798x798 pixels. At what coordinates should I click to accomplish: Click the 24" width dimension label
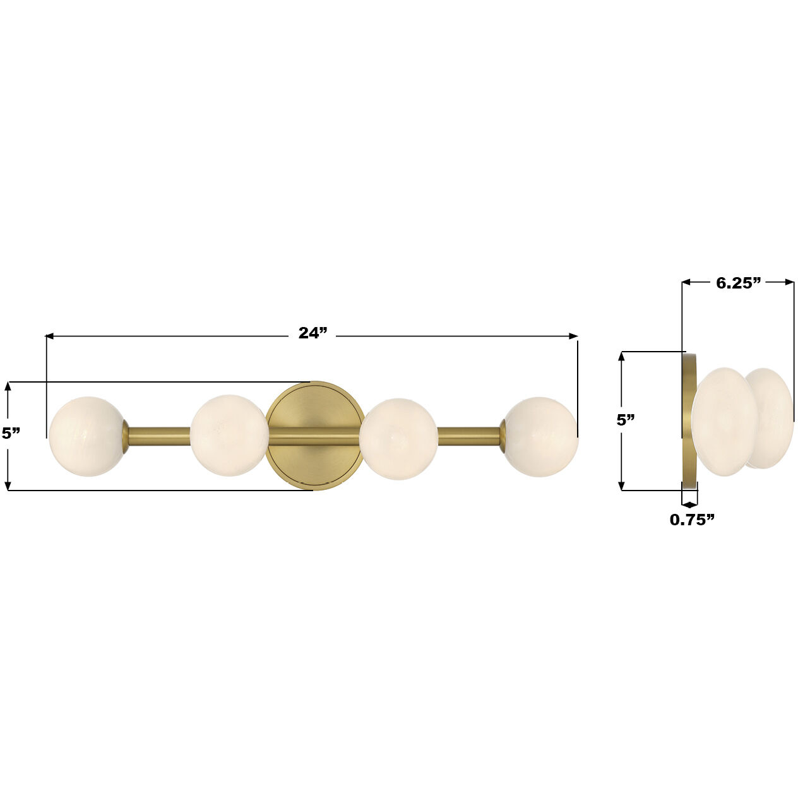tap(313, 333)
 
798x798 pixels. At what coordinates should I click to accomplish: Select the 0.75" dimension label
tap(692, 520)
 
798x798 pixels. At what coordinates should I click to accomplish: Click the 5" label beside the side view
tap(626, 420)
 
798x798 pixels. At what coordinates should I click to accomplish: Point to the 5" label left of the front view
tap(11, 433)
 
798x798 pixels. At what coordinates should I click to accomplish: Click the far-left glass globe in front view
tap(87, 436)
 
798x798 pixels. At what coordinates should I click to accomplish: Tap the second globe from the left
tap(229, 435)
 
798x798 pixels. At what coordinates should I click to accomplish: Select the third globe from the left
tap(398, 438)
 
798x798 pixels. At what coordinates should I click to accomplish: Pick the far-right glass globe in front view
tap(540, 436)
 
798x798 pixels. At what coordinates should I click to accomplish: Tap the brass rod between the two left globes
tap(158, 436)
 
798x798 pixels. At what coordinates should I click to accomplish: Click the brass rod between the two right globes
tap(469, 436)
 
